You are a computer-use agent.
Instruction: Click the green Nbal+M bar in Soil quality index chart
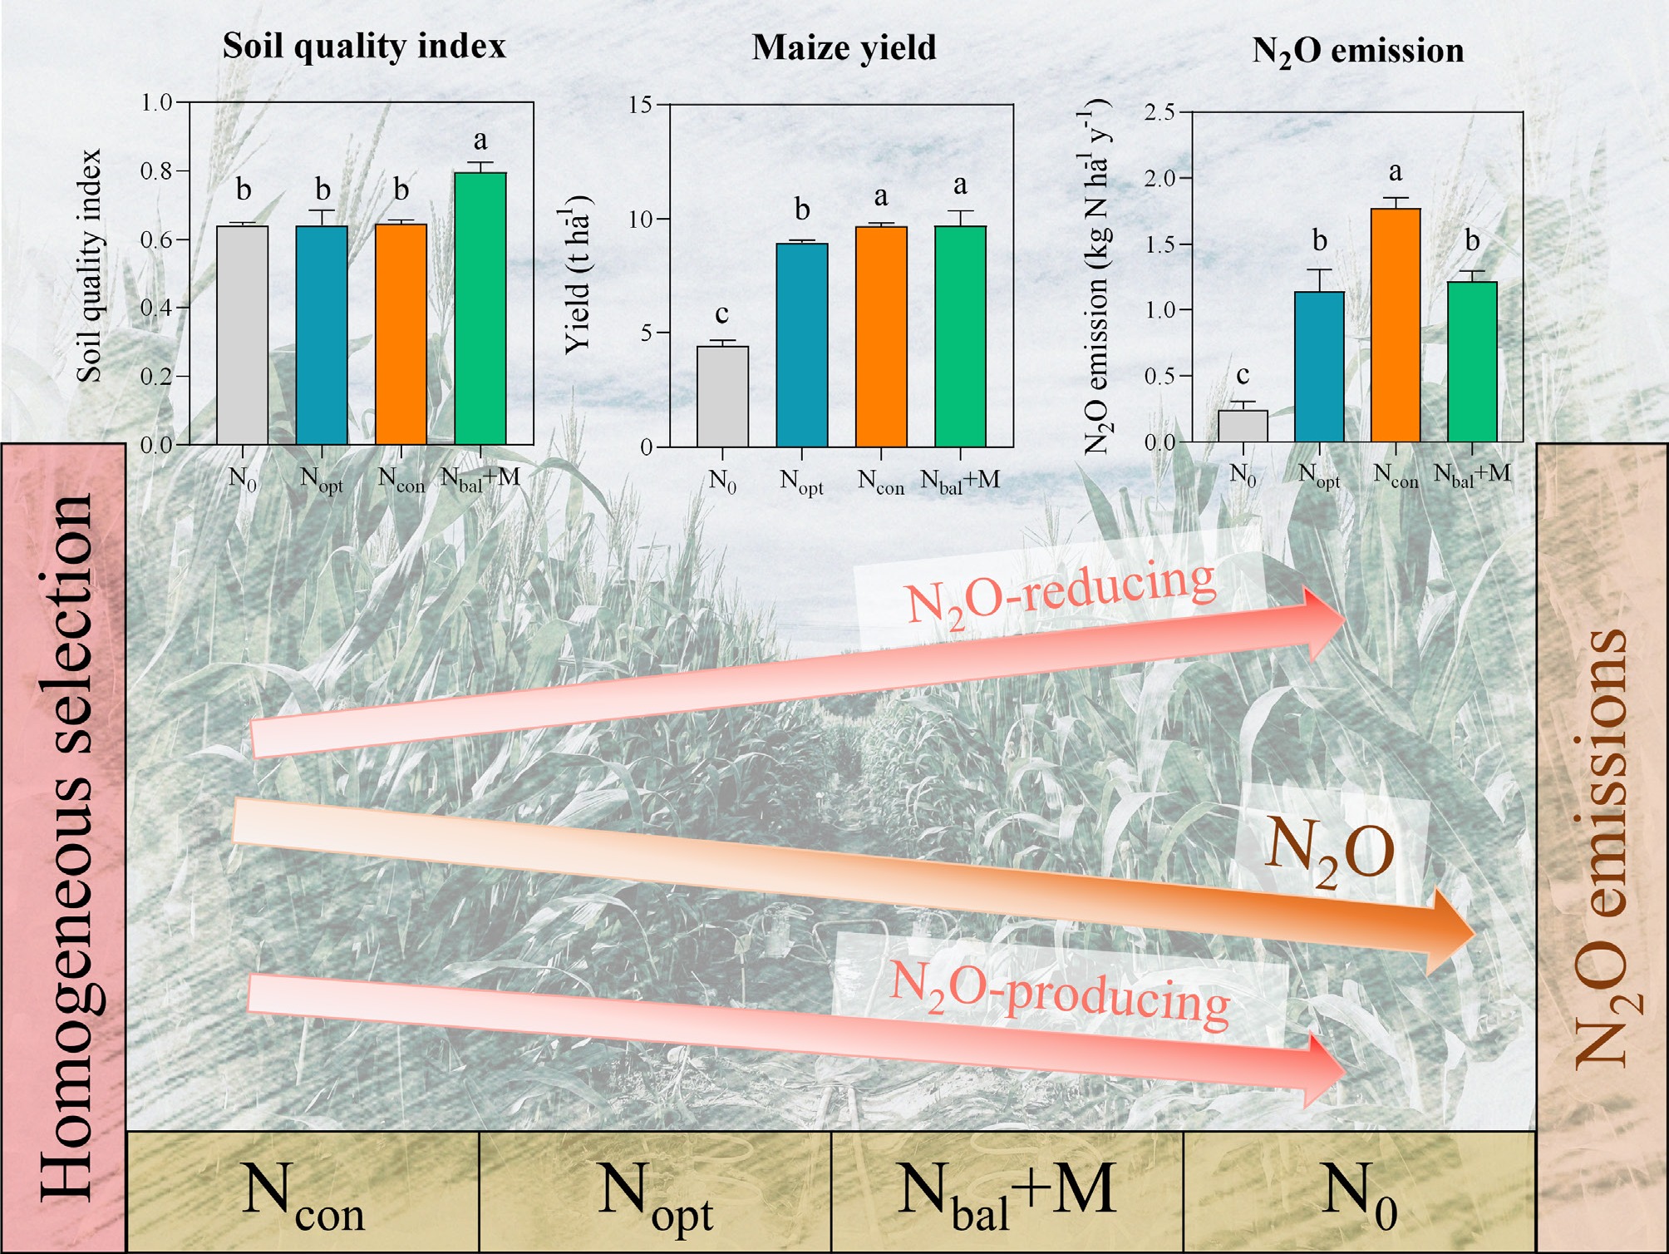pos(480,308)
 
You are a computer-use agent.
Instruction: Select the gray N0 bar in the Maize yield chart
pos(722,397)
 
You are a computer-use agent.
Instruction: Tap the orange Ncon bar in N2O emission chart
pos(1396,324)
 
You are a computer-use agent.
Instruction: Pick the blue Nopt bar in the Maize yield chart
pos(801,344)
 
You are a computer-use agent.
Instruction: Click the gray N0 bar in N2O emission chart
pos(1243,426)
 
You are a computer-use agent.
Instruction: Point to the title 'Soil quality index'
pos(364,46)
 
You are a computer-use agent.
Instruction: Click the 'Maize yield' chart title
pos(844,47)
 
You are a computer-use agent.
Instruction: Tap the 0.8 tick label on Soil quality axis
pos(156,171)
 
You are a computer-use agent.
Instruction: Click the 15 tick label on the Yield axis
pos(642,105)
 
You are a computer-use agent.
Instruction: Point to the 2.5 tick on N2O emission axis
pos(1159,112)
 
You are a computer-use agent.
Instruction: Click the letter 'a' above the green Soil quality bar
pos(480,140)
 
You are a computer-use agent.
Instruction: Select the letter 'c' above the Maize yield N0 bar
pos(721,313)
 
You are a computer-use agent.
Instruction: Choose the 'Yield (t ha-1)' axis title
pos(578,274)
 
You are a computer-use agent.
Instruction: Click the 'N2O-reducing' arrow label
pos(1060,591)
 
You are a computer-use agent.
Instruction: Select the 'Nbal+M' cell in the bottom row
pos(1007,1192)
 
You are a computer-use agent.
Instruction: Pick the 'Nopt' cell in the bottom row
pos(655,1192)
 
